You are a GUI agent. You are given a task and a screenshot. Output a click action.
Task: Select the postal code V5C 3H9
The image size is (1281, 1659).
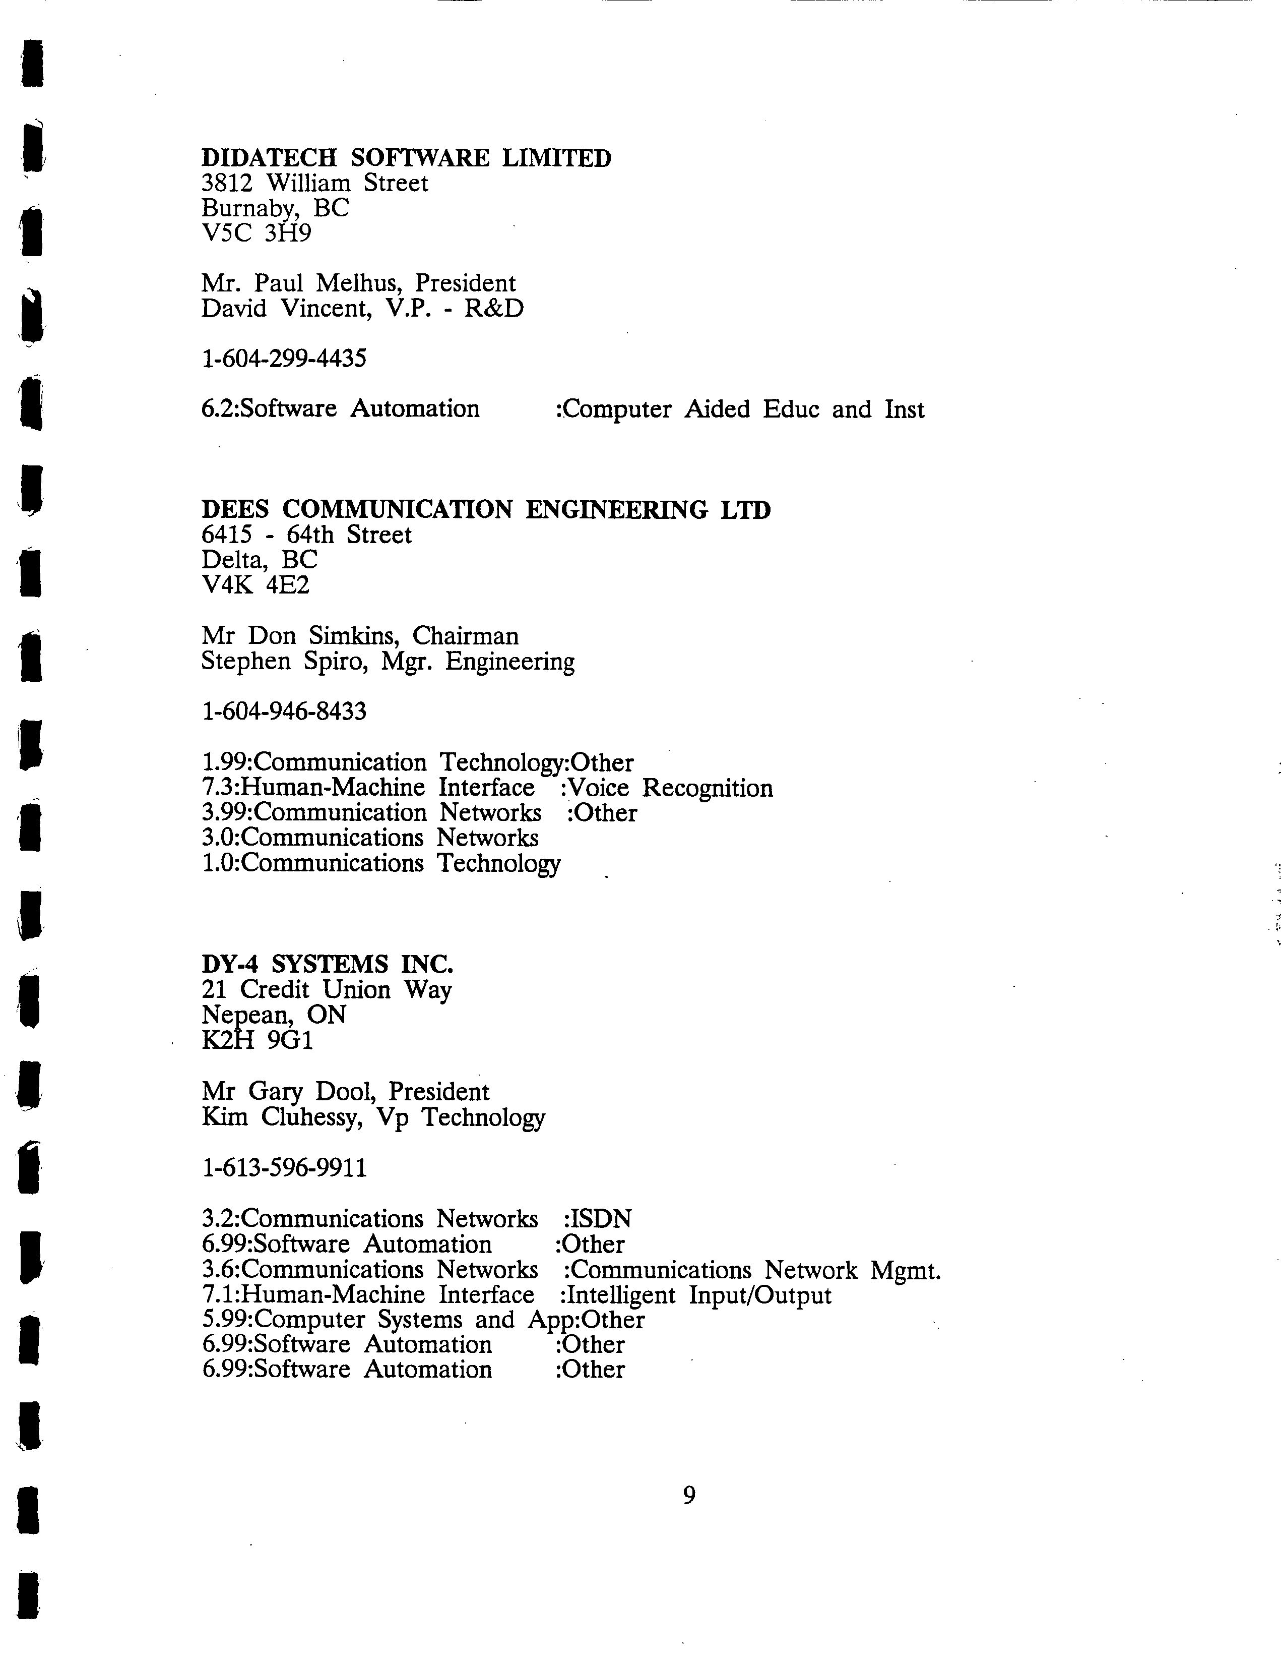[256, 232]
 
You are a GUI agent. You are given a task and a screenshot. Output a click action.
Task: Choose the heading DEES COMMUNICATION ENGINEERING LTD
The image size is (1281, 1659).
[486, 510]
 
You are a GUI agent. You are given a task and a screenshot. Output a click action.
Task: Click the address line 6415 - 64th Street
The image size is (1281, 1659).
[306, 535]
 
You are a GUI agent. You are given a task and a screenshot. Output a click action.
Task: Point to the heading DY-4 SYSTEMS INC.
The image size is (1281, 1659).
[327, 964]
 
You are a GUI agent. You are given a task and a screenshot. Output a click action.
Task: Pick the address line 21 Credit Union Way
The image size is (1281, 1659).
[327, 990]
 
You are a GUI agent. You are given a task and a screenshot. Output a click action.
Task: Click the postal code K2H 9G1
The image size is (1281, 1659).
[258, 1040]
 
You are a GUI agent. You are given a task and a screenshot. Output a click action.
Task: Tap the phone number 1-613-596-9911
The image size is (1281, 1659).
[284, 1167]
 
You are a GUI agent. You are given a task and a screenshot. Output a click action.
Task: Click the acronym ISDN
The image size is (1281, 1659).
[600, 1219]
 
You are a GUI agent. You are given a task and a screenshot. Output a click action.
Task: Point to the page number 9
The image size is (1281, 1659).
[689, 1496]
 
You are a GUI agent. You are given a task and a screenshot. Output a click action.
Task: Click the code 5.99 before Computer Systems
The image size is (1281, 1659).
[226, 1320]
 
